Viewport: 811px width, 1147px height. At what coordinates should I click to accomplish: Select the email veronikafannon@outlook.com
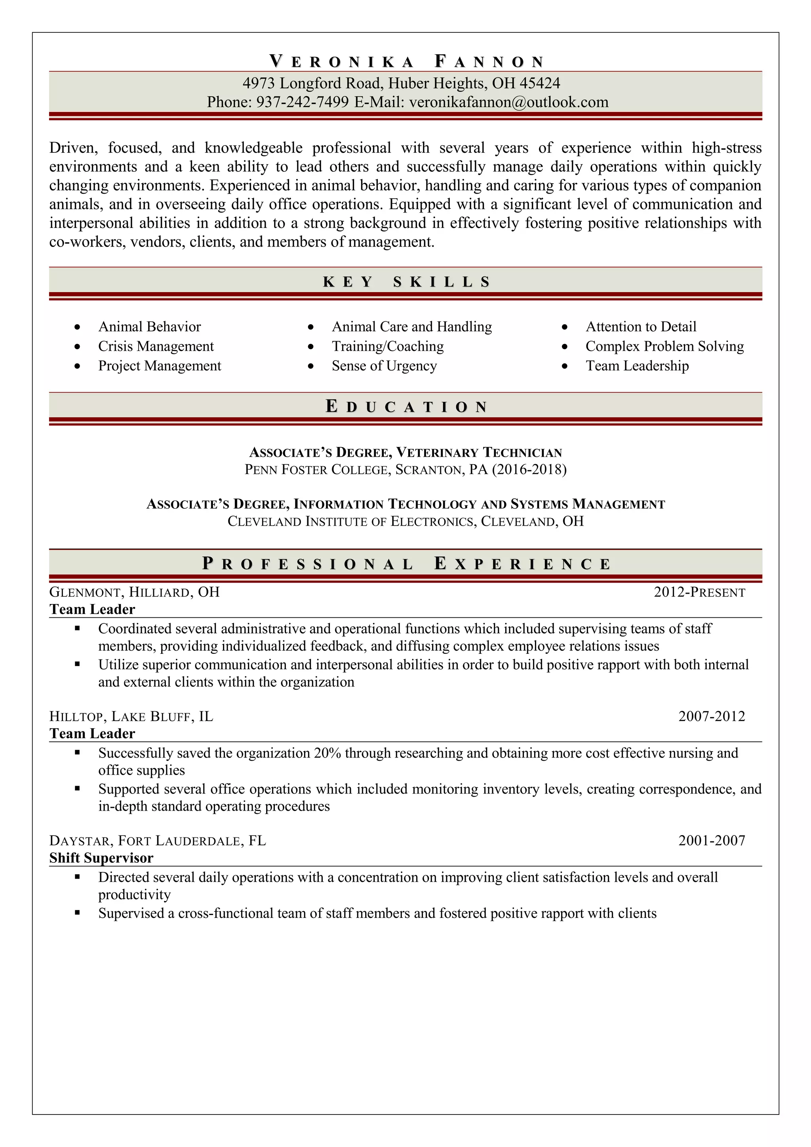508,103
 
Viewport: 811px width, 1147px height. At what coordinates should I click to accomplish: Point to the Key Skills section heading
406,282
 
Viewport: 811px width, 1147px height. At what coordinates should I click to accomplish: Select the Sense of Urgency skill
384,366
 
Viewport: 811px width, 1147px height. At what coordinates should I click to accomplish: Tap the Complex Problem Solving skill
664,346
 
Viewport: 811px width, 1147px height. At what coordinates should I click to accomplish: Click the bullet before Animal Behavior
77,327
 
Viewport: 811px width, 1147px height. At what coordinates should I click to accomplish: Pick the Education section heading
406,406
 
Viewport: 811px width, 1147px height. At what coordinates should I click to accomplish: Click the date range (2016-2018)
529,469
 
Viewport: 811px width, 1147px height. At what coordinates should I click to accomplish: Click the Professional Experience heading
406,564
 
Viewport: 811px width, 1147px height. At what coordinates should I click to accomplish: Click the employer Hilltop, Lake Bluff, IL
131,716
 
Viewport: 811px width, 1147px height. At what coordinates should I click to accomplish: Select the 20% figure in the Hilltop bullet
327,753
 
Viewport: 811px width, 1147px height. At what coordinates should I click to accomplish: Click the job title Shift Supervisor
101,858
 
